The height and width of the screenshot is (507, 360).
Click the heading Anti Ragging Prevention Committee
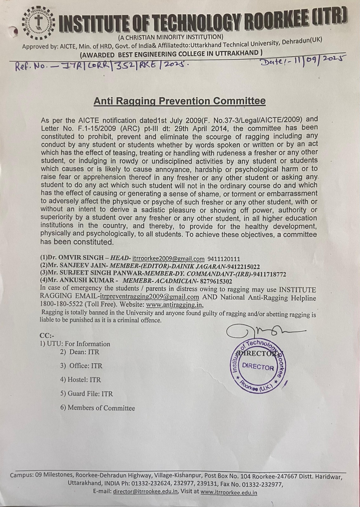[x=180, y=101]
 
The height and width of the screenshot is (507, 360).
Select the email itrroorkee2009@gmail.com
[x=168, y=259]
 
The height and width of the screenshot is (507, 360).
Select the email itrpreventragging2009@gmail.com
[x=149, y=297]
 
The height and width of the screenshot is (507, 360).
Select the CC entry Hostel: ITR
[x=81, y=380]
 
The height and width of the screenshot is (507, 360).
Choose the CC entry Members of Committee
[x=98, y=408]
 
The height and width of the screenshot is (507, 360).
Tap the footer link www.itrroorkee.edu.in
[x=229, y=492]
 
